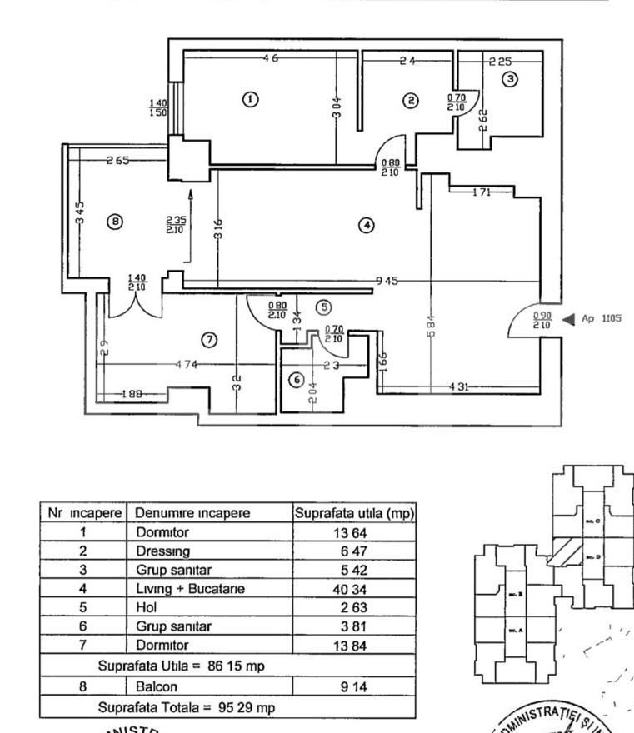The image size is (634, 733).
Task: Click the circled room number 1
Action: click(x=249, y=99)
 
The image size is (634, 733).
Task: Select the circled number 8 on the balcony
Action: click(x=116, y=222)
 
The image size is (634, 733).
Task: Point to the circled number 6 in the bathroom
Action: click(x=296, y=380)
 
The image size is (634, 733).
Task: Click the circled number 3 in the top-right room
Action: click(x=510, y=79)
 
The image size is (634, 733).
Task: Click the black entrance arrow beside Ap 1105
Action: click(x=568, y=318)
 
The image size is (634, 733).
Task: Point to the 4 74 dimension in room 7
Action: click(x=187, y=364)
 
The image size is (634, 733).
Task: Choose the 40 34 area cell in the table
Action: click(x=354, y=588)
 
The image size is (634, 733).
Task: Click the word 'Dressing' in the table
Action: click(x=163, y=551)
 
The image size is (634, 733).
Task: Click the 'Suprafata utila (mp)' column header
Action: click(x=354, y=513)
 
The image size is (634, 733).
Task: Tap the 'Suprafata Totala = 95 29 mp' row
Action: click(x=187, y=707)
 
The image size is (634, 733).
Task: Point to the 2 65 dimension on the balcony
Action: click(x=117, y=161)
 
